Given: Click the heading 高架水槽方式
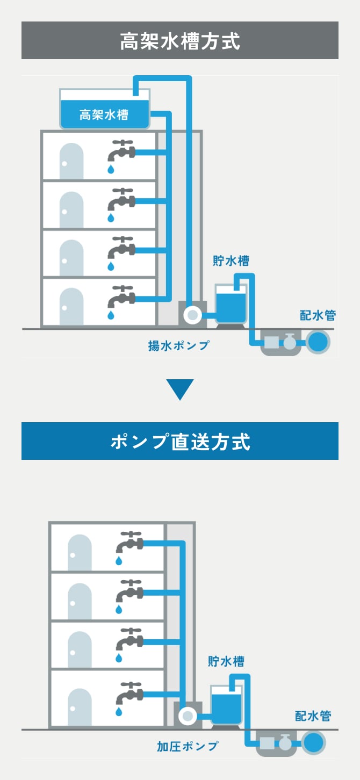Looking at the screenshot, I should (x=179, y=41).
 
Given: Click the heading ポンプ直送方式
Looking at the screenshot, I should (x=179, y=442).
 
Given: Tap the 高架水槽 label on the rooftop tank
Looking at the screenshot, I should (x=104, y=115).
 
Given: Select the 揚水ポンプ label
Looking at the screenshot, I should (x=178, y=345).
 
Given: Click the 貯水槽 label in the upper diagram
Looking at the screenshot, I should (x=231, y=262).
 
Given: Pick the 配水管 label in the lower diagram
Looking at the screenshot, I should (x=313, y=716).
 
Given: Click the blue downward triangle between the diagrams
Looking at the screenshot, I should (x=179, y=389).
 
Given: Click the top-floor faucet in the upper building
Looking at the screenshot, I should (x=120, y=152).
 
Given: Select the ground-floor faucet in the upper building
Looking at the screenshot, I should (x=120, y=297).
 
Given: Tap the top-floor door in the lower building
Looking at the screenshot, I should (x=80, y=553).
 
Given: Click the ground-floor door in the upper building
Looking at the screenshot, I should (x=71, y=307).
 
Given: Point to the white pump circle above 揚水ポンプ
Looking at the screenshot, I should (x=191, y=315).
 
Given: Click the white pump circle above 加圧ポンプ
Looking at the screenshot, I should (x=187, y=715).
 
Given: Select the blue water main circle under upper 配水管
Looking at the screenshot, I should (x=318, y=342).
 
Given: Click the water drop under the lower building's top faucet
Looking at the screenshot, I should (x=119, y=561).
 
